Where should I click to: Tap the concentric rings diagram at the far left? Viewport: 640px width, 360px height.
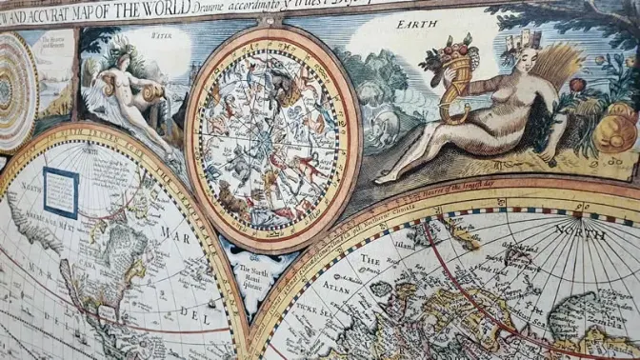(x=14, y=90)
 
